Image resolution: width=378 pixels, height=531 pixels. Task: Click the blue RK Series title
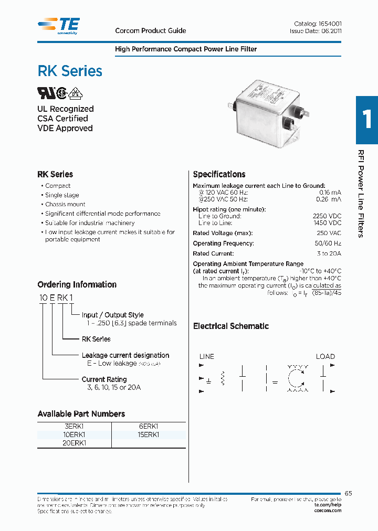[70, 71]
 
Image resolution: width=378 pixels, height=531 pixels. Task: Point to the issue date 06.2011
[331, 31]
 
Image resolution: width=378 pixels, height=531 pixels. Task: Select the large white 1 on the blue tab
[367, 119]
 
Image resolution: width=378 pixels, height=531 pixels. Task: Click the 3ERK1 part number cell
[76, 427]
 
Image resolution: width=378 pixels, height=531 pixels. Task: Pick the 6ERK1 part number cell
[149, 427]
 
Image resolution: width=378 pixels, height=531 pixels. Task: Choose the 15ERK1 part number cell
[149, 435]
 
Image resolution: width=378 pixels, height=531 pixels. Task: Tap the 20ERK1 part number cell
[76, 443]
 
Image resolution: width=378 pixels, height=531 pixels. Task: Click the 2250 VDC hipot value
[327, 216]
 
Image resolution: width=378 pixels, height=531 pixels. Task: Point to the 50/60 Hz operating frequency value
[328, 243]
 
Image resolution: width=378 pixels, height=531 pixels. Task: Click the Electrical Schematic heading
[230, 326]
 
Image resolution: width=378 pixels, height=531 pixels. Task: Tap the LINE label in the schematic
[207, 356]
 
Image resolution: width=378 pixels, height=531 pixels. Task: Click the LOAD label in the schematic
[325, 356]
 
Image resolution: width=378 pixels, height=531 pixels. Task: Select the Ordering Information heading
[77, 284]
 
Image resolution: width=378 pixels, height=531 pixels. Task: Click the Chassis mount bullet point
[65, 204]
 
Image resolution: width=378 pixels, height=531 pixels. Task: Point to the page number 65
[349, 493]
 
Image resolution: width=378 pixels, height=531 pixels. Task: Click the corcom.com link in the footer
[328, 511]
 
